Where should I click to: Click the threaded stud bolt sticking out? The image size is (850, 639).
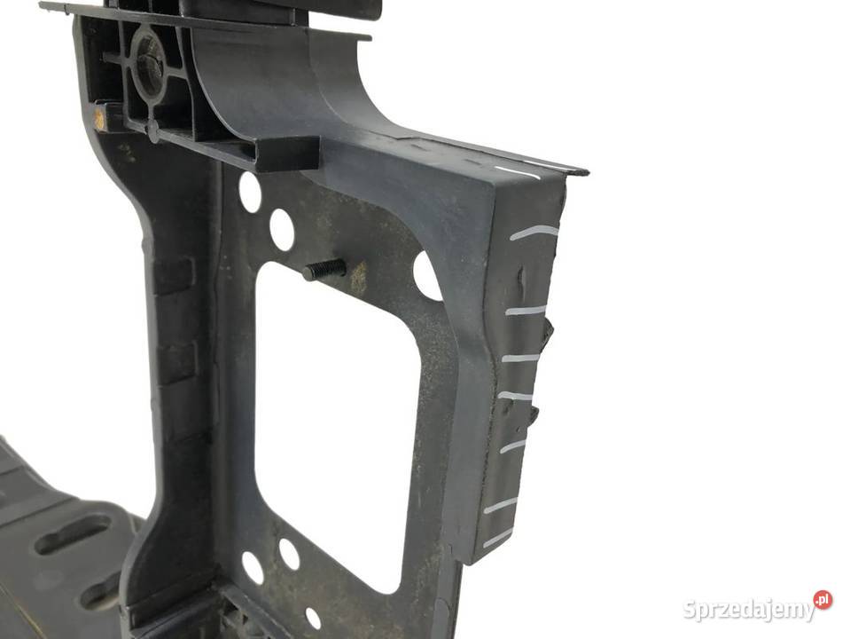pos(324,268)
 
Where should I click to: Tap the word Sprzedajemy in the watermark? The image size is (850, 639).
pos(749,610)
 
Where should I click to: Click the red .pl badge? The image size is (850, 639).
pos(823,599)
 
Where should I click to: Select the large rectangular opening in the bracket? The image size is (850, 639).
pos(336,423)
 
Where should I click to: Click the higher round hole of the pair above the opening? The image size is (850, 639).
pos(249,191)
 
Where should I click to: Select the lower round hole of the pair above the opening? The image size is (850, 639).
pos(281,228)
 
